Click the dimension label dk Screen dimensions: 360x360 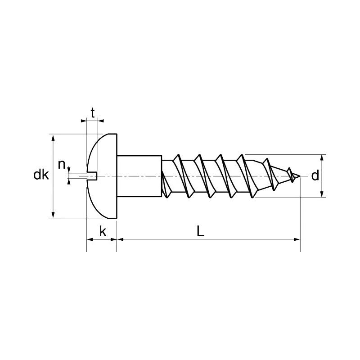click(41, 175)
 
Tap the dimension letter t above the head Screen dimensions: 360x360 click(93, 112)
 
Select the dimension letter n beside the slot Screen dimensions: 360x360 click(62, 165)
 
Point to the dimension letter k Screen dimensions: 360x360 click(103, 231)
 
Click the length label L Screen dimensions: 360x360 click(201, 231)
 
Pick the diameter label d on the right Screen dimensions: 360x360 click(315, 175)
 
